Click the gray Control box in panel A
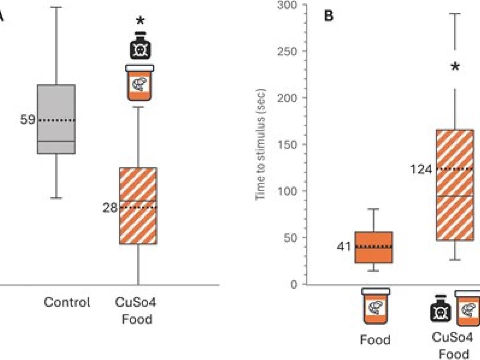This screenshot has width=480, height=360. click(56, 119)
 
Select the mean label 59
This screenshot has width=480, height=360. click(28, 120)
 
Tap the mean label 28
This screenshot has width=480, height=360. click(110, 208)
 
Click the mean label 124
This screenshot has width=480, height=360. click(421, 169)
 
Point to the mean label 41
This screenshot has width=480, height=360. click(344, 246)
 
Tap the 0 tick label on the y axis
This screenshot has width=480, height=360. click(294, 284)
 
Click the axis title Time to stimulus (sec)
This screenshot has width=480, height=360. click(260, 144)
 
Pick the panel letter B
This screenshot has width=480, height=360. click(329, 16)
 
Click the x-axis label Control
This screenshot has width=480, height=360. click(67, 302)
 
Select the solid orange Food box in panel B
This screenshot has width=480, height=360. click(374, 247)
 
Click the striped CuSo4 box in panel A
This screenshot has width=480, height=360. click(138, 206)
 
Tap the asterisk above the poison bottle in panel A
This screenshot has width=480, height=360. click(140, 21)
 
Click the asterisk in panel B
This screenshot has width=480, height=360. click(455, 67)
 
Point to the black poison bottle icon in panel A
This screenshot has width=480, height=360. click(140, 46)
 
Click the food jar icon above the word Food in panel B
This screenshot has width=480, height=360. click(376, 306)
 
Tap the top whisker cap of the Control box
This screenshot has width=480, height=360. click(56, 7)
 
